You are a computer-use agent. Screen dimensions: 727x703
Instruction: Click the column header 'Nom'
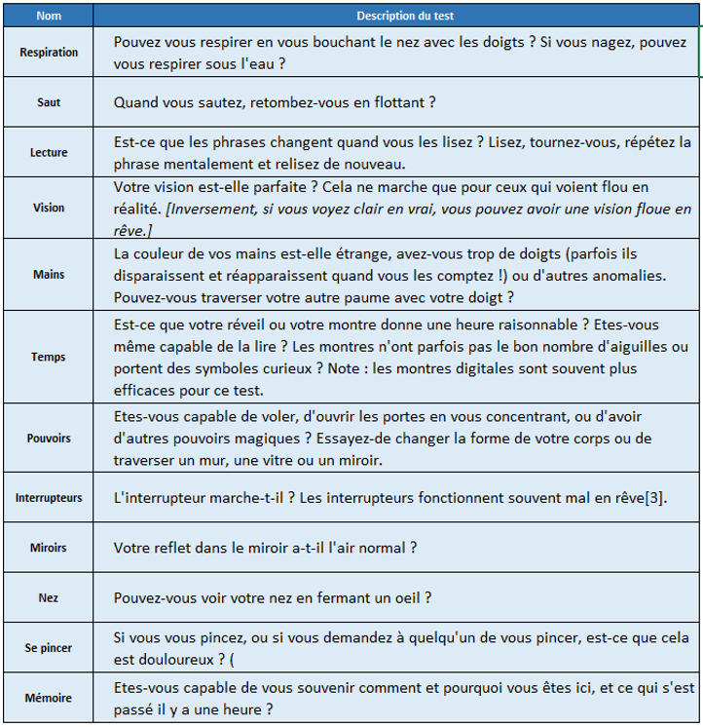[49, 17]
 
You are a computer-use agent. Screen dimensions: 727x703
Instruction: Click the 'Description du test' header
[405, 17]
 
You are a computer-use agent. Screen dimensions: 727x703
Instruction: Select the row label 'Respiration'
[49, 53]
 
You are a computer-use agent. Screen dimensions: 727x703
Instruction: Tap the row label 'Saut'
[49, 102]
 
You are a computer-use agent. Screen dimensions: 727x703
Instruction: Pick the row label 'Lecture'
[49, 152]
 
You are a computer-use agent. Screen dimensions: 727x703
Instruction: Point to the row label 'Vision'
[49, 208]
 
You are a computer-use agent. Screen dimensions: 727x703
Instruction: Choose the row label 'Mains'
[49, 275]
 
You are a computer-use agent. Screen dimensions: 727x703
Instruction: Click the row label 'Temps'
[49, 357]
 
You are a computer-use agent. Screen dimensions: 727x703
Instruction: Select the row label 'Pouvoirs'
[49, 439]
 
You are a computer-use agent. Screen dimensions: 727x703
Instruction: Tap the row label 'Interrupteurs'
[49, 498]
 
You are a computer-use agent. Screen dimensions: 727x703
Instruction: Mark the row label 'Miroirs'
[49, 548]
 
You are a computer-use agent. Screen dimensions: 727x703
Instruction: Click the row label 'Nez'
[49, 597]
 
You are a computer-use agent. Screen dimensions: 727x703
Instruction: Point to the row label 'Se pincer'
[49, 647]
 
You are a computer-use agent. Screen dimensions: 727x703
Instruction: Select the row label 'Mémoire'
[49, 699]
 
